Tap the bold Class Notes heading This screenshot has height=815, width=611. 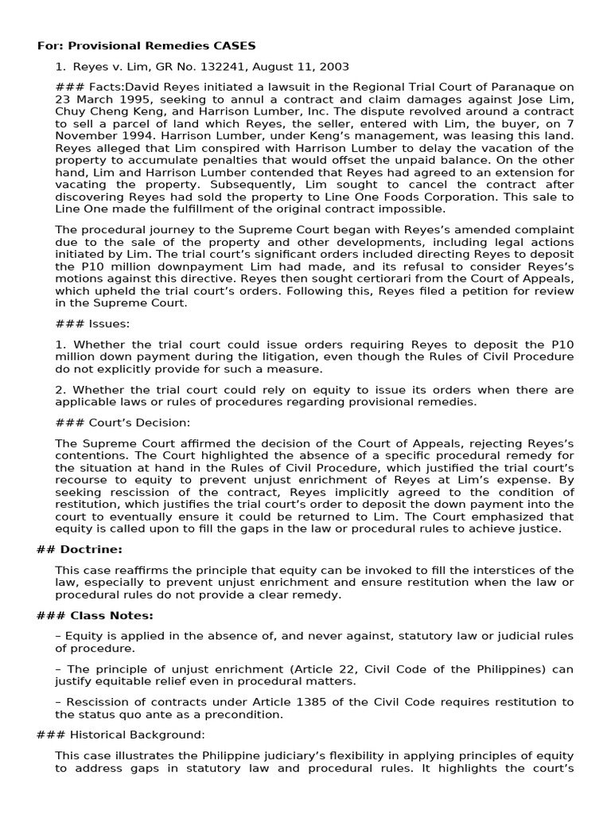[103, 615]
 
